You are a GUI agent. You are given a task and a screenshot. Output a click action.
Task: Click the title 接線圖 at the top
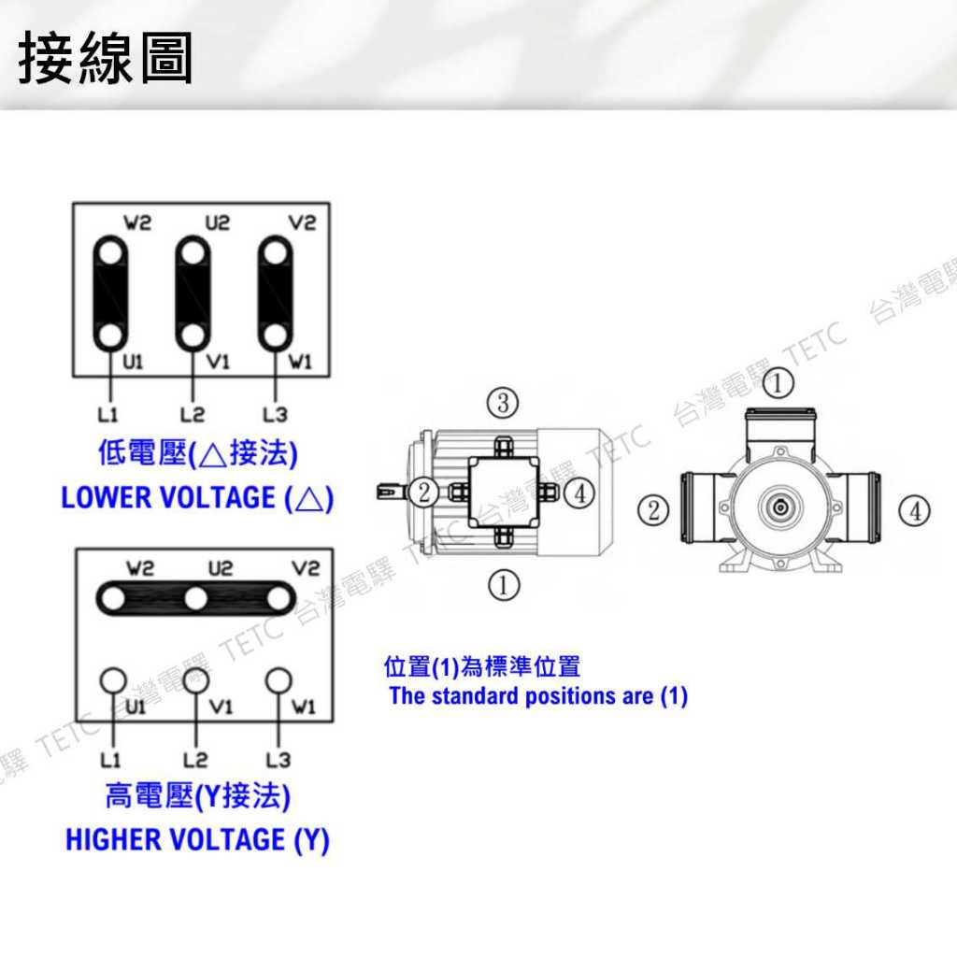[x=105, y=59]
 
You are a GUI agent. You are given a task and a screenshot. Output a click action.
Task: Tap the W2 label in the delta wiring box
[x=137, y=223]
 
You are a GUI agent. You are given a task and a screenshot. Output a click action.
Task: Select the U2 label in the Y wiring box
[x=220, y=568]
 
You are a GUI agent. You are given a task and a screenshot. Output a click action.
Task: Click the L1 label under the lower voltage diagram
[x=107, y=413]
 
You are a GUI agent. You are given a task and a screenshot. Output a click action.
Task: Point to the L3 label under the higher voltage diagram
[x=278, y=758]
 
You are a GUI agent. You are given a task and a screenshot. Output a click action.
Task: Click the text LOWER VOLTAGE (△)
[x=196, y=497]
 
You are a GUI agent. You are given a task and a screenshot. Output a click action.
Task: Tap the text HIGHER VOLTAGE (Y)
[x=197, y=839]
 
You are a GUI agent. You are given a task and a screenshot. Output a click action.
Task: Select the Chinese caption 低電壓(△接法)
[x=197, y=455]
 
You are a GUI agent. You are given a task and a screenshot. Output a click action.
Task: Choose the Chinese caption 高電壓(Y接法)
[x=197, y=797]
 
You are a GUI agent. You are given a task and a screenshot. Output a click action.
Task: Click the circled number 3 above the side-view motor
[x=503, y=404]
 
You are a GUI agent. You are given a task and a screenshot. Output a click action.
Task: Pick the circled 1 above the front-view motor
[x=778, y=382]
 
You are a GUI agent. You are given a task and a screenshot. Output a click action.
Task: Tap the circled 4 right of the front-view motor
[x=914, y=510]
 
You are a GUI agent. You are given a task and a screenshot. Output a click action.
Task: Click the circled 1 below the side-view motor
[x=504, y=585]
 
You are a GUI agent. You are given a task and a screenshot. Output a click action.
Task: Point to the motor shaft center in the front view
[x=779, y=507]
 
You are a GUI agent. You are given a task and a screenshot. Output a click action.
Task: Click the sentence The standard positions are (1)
[x=538, y=696]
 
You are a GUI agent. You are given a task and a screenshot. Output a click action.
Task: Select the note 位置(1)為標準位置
[x=482, y=666]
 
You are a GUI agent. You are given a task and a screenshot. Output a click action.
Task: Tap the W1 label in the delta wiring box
[x=300, y=363]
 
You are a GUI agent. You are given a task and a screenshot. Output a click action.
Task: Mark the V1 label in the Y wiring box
[x=220, y=707]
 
